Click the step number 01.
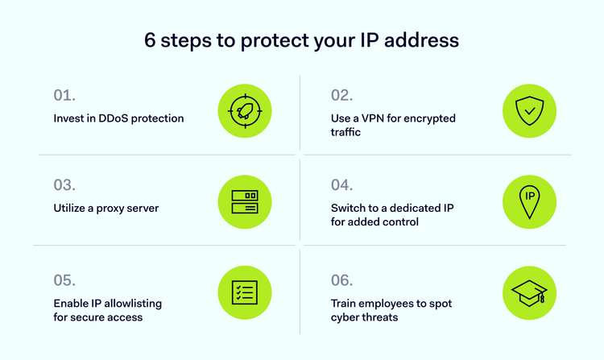(x=64, y=95)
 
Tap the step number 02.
(x=341, y=95)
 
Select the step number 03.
(x=64, y=184)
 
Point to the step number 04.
(x=342, y=184)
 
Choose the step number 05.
(x=64, y=281)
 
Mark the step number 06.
(x=342, y=281)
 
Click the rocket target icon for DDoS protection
(x=245, y=110)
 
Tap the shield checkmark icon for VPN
(x=529, y=110)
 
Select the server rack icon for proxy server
(x=245, y=201)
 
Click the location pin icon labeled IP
(x=529, y=201)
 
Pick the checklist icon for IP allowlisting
(x=245, y=292)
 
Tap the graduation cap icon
(x=529, y=292)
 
